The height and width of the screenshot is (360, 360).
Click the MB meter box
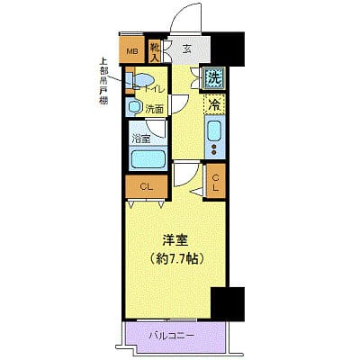[x=131, y=51]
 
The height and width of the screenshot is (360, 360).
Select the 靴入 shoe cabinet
[x=155, y=51]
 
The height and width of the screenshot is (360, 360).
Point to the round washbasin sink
[x=134, y=108]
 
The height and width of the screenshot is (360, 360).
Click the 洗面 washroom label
[x=155, y=109]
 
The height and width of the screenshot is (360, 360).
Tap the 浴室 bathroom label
[x=140, y=139]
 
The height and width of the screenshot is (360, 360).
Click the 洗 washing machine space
[x=214, y=78]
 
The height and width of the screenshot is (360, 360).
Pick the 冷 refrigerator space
[x=214, y=105]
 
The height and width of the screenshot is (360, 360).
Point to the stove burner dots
[x=214, y=149]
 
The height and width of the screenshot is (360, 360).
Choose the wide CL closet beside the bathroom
[x=144, y=186]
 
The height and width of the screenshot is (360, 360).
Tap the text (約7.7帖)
[x=175, y=258]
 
